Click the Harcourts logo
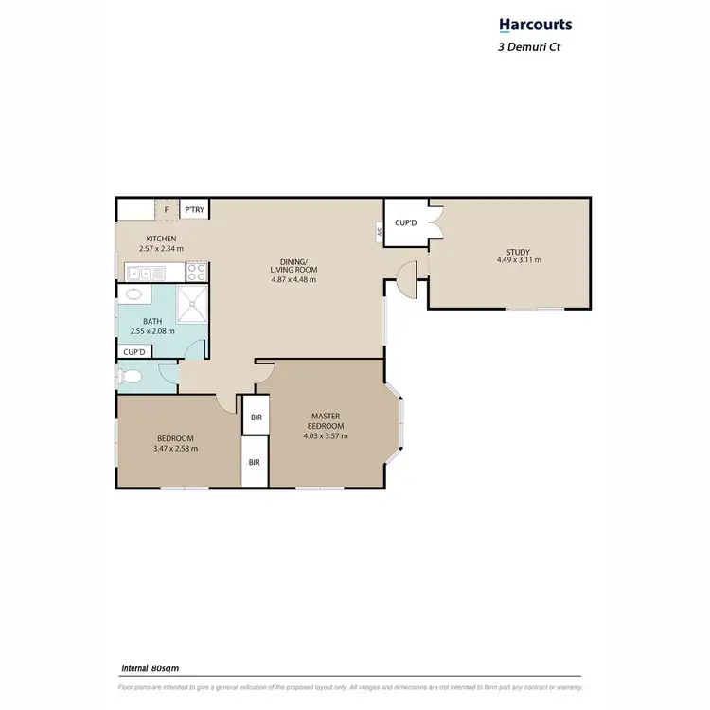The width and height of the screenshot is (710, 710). [x=536, y=25]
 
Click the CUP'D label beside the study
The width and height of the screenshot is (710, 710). [x=407, y=223]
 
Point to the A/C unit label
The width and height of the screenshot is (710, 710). [x=379, y=230]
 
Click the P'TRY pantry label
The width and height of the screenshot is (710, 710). [x=195, y=209]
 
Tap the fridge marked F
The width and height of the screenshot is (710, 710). [x=167, y=209]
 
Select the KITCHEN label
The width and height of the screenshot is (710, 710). [x=160, y=239]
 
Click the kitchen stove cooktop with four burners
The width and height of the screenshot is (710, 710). [x=197, y=272]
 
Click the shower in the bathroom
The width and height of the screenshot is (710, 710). [x=192, y=306]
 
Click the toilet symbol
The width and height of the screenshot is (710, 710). [x=131, y=377]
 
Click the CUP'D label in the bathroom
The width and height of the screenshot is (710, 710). [x=134, y=352]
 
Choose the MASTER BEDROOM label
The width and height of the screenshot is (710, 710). [x=326, y=421]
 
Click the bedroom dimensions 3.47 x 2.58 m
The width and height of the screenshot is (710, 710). [x=176, y=448]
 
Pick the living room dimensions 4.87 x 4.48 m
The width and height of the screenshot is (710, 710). [x=293, y=280]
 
